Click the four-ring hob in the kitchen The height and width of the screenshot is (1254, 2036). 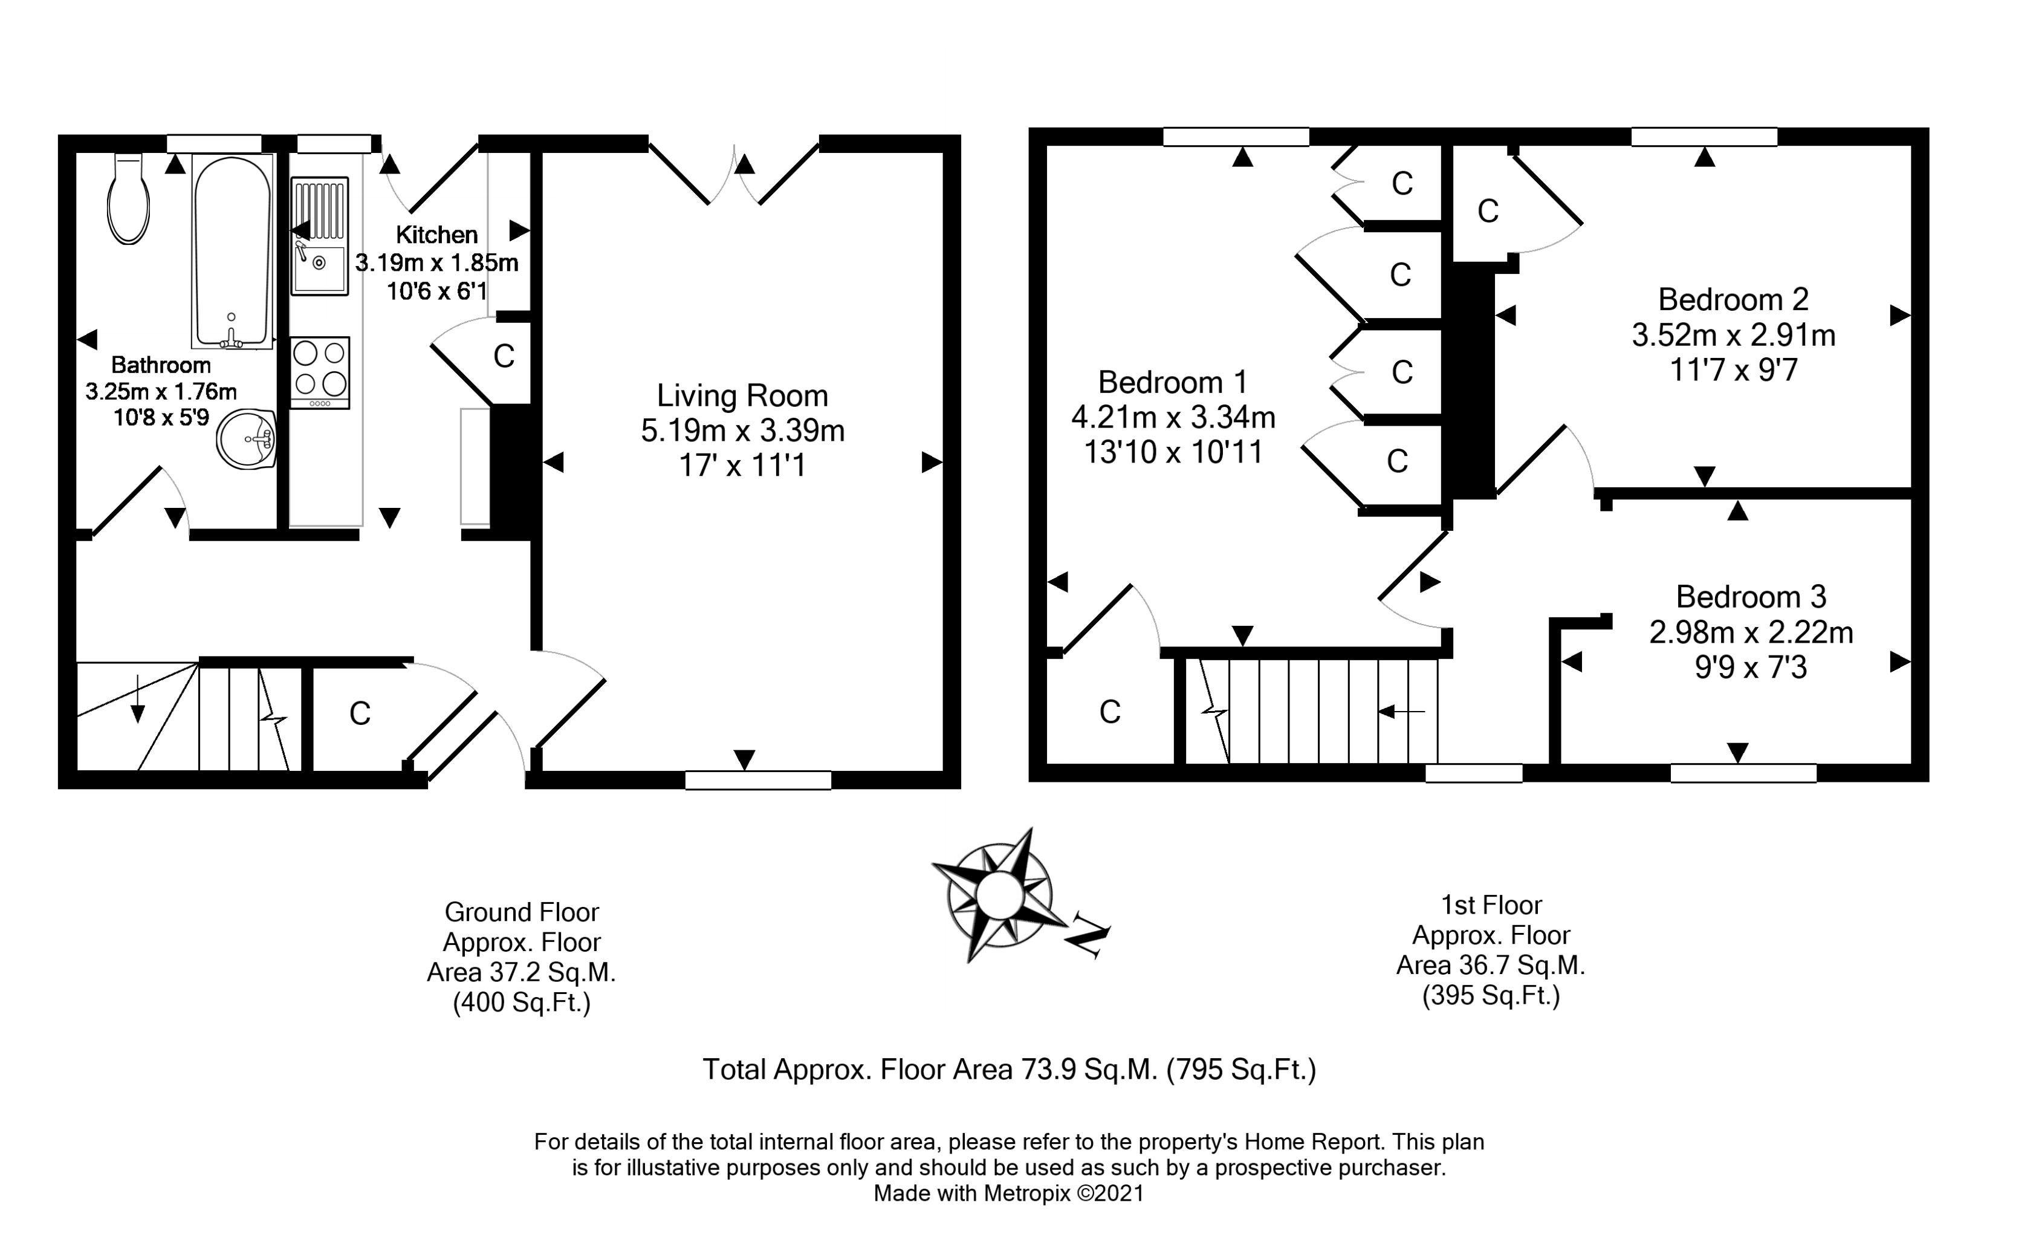point(320,372)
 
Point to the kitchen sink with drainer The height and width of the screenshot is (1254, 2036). point(319,236)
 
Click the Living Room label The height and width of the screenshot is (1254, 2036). point(742,395)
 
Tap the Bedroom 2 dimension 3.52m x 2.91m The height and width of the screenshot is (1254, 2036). point(1733,335)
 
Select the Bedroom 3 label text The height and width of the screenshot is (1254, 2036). point(1751,596)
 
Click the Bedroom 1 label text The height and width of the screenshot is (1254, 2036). point(1172,382)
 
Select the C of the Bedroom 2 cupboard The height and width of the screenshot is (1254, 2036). point(1488,212)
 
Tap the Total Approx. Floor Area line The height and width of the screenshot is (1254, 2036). point(1009,1069)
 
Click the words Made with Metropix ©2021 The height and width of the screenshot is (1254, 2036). point(1009,1194)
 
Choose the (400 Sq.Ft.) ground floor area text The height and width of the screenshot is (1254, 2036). point(522,1004)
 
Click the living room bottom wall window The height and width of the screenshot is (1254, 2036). point(757,779)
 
